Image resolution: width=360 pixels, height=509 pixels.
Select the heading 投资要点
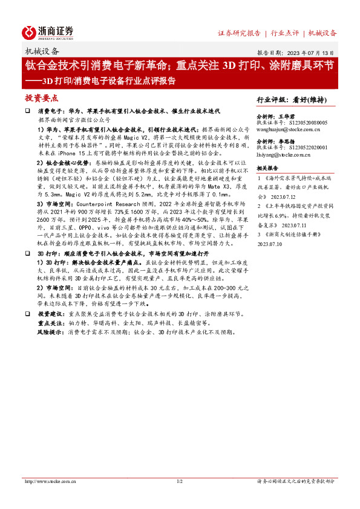42,98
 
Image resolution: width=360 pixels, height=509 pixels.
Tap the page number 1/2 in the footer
179,482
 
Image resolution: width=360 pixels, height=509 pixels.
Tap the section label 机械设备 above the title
42,52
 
